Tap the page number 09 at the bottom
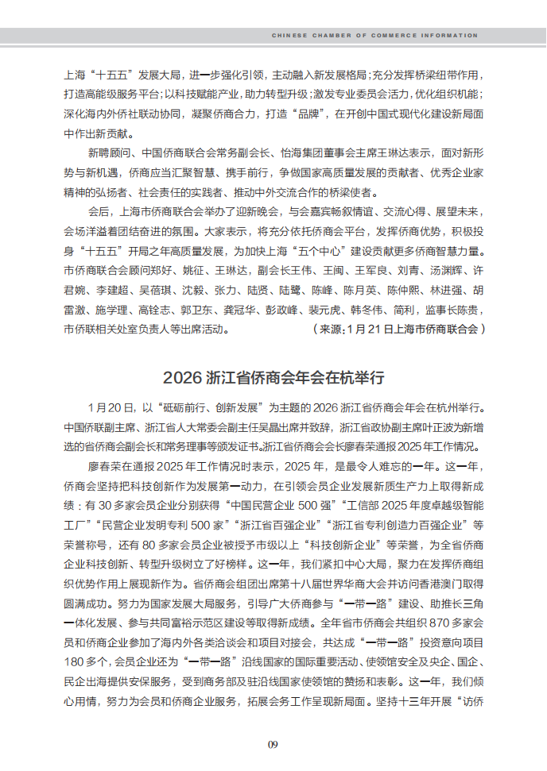tap(273, 744)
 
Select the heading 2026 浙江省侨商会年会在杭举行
tap(273, 376)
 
